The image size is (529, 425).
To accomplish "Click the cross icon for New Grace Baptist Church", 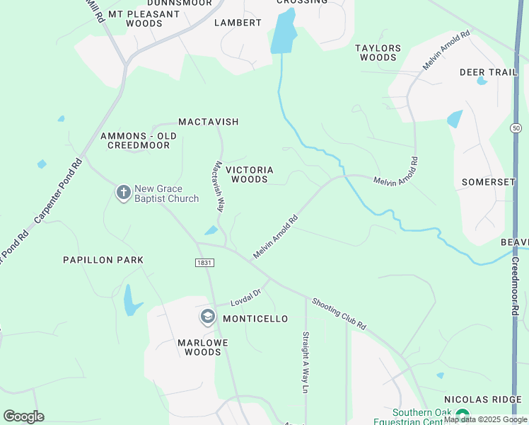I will pyautogui.click(x=124, y=193).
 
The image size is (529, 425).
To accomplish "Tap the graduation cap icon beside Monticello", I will pyautogui.click(x=208, y=317).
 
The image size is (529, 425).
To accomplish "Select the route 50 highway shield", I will pyautogui.click(x=516, y=128).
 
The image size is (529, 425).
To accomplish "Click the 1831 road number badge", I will pyautogui.click(x=204, y=262).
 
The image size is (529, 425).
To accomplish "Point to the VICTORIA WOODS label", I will pyautogui.click(x=250, y=175).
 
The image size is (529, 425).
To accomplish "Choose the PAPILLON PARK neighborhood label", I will pyautogui.click(x=103, y=260).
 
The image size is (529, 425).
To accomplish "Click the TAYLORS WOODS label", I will pyautogui.click(x=378, y=53).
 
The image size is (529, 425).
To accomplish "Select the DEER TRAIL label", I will pyautogui.click(x=489, y=72).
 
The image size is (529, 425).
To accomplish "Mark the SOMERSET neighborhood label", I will pyautogui.click(x=489, y=182).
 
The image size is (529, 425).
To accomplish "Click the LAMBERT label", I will pyautogui.click(x=238, y=23).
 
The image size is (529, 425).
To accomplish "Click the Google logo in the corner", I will pyautogui.click(x=23, y=416).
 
